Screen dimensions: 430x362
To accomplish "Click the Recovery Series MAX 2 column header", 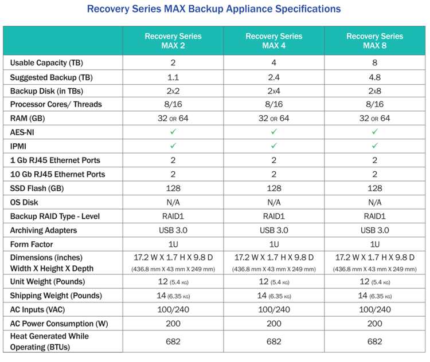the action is pos(173,41).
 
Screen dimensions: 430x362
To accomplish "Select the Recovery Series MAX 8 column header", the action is pos(374,41).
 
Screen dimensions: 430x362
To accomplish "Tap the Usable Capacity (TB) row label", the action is pos(46,63).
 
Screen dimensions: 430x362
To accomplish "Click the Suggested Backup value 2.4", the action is pos(273,77).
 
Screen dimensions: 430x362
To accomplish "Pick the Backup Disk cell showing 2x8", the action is pos(374,91).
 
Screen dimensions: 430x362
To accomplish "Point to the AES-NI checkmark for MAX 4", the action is pos(273,132).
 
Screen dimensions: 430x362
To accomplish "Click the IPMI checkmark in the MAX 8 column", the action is pos(374,145).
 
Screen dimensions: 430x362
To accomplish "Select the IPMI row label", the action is pos(18,146).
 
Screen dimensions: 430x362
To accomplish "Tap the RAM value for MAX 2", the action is pos(173,119).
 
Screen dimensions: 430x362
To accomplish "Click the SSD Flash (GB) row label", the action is pos(37,188).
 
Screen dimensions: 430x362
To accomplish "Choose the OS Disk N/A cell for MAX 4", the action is pos(273,202).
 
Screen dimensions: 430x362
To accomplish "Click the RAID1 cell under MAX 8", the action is pos(374,216).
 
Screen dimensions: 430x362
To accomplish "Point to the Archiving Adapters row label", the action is pos(44,230).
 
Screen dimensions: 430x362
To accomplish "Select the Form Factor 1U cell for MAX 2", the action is pos(173,244).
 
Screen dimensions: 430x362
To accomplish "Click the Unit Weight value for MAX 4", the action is pos(273,282).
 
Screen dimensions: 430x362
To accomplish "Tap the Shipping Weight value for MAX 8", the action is pos(374,296).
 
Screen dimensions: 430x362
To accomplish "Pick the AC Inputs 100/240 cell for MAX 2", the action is pos(173,310).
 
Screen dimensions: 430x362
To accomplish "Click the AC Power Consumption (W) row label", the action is pos(59,324).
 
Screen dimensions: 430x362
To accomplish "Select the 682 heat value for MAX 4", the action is pos(273,341).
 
